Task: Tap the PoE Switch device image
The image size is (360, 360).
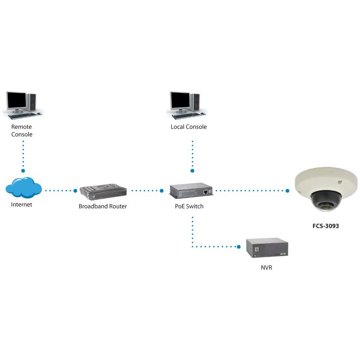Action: pyautogui.click(x=191, y=191)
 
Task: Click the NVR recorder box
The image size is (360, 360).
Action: pyautogui.click(x=267, y=247)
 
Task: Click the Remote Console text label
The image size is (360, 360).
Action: pyautogui.click(x=22, y=130)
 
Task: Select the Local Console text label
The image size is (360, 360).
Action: pyautogui.click(x=189, y=127)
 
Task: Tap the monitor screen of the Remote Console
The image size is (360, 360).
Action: pyautogui.click(x=16, y=100)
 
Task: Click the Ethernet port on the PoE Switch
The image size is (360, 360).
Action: pyautogui.click(x=206, y=191)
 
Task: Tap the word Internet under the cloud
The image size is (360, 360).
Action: pyautogui.click(x=22, y=205)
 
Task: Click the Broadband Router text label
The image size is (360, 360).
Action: pyautogui.click(x=103, y=206)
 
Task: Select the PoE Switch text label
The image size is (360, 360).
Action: pyautogui.click(x=189, y=206)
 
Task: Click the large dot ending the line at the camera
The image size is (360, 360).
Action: pyautogui.click(x=287, y=191)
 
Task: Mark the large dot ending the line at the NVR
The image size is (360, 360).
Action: pyautogui.click(x=238, y=247)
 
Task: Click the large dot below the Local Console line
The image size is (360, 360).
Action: pyautogui.click(x=192, y=171)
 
